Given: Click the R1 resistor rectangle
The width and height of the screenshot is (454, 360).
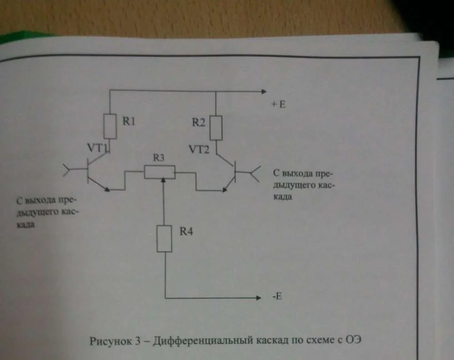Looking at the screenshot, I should [110, 126].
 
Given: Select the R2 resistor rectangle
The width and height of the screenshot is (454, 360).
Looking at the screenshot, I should [216, 128].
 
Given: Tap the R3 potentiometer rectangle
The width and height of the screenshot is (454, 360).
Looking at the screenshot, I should [159, 172].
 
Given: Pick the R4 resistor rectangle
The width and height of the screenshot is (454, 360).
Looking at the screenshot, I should [164, 238].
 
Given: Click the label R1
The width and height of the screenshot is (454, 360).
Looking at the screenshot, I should [129, 122].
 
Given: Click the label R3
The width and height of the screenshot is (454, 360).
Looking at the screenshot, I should [159, 158].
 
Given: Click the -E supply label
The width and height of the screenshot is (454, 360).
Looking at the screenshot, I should [277, 297].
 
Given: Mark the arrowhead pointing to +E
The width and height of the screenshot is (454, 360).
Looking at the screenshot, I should [263, 92].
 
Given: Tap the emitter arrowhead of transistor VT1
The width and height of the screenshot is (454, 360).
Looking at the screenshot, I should [106, 189].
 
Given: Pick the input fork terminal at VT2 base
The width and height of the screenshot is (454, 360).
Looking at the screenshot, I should [255, 172].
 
